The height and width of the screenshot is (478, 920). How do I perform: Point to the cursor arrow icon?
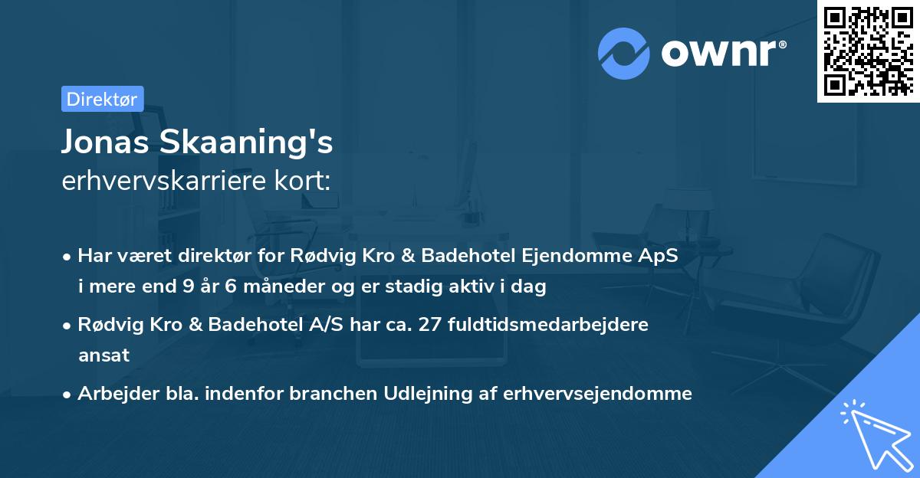pos(873,433)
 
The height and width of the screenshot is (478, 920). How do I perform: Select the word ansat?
pos(103,355)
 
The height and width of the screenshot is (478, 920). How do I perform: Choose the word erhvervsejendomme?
pos(597,393)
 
